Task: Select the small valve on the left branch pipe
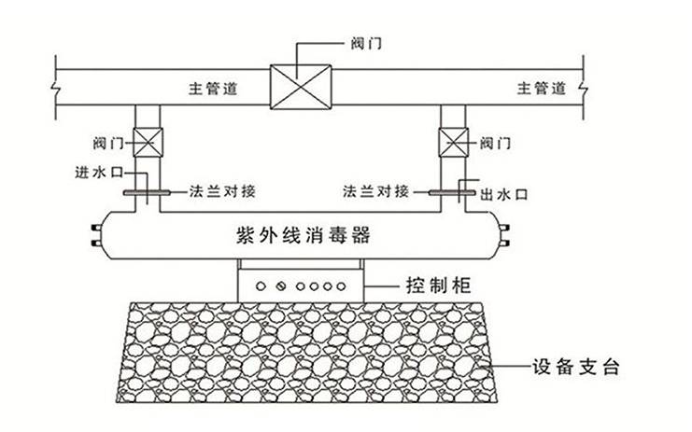point(148,144)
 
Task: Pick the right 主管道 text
point(543,89)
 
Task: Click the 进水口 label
point(96,173)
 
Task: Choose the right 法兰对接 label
point(375,191)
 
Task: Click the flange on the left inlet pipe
point(146,194)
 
